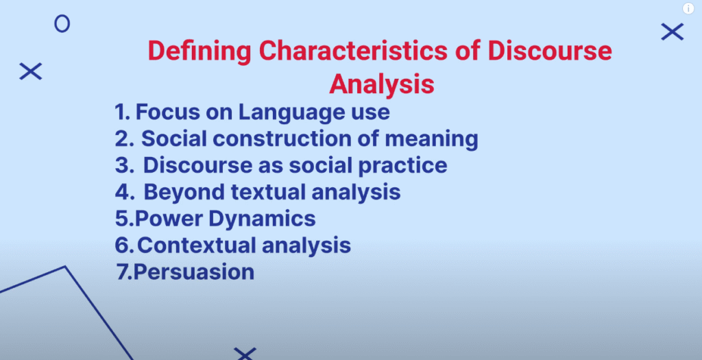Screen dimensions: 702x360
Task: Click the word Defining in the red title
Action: coord(199,51)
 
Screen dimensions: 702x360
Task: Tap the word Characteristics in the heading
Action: coord(353,50)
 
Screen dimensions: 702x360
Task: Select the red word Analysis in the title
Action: coord(382,84)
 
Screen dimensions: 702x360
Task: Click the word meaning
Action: coord(432,139)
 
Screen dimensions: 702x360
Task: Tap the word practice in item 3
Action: coord(403,166)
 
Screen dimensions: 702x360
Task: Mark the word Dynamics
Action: coord(263,219)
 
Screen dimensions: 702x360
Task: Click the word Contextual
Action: coord(196,245)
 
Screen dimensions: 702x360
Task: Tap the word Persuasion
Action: coord(194,272)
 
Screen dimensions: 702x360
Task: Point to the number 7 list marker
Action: coord(124,272)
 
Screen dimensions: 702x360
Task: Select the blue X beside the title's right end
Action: coord(673,32)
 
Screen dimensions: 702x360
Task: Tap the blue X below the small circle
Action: coord(30,71)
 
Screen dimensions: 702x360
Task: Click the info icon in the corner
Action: coord(688,8)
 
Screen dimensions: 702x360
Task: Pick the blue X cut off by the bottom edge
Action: coord(245,354)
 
